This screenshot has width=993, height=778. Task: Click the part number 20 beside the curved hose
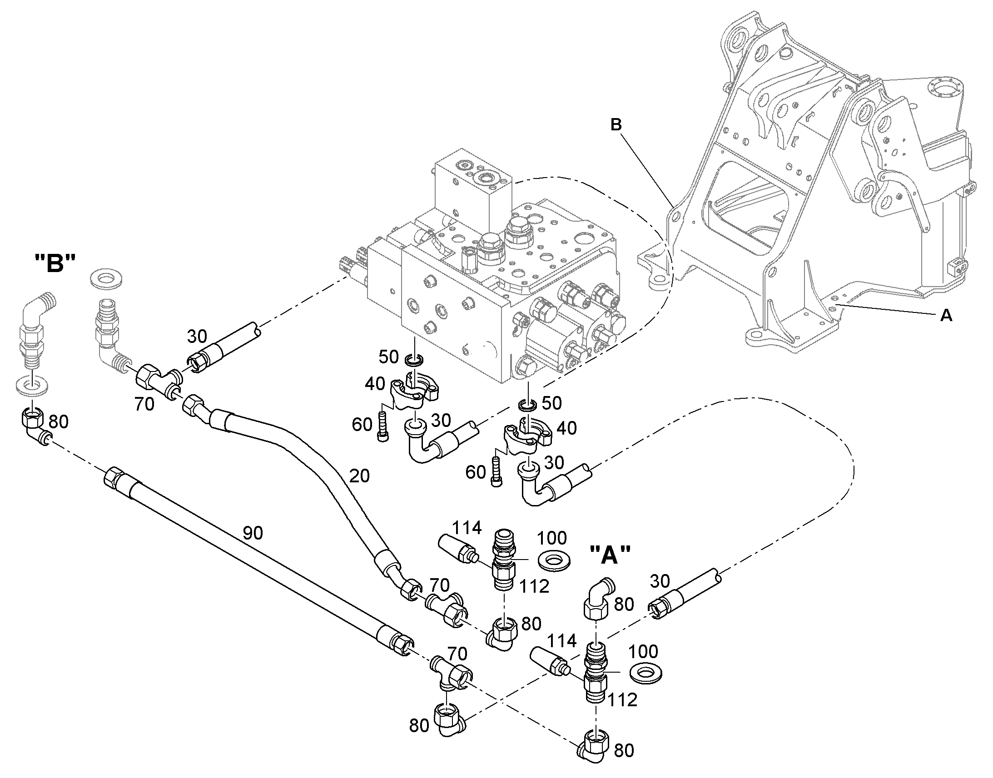(x=359, y=476)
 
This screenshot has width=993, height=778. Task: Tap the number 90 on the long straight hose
(x=253, y=533)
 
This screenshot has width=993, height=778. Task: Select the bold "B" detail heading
(x=55, y=264)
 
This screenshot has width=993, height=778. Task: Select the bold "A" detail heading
(x=610, y=555)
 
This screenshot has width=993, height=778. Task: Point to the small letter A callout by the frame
(x=946, y=315)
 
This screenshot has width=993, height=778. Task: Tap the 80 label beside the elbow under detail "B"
(x=58, y=422)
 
